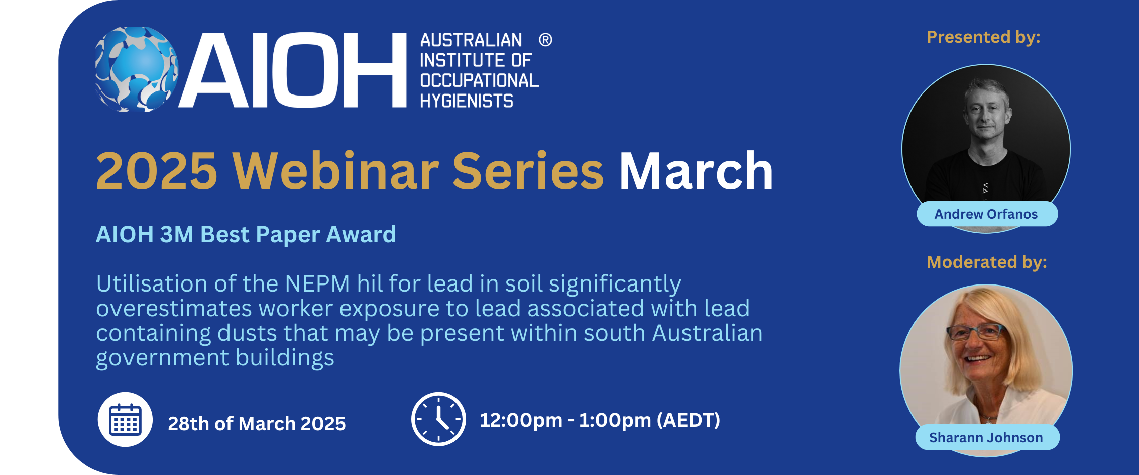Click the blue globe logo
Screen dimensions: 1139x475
click(x=137, y=69)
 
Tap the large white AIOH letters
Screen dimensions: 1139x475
click(x=292, y=70)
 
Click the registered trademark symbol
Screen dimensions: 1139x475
click(x=545, y=40)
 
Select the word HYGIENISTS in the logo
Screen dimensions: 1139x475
click(x=467, y=101)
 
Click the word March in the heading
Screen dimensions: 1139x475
click(x=696, y=171)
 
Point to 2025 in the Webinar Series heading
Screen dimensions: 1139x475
click(x=157, y=171)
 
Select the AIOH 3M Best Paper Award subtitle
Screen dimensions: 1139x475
click(x=246, y=234)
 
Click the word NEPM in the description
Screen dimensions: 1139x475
click(x=317, y=283)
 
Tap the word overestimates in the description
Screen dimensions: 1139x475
click(x=174, y=308)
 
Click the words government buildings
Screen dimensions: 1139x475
click(x=215, y=358)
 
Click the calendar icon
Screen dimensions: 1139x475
click(x=125, y=419)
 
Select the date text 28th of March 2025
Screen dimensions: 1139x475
click(x=257, y=424)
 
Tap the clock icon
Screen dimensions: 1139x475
click(x=438, y=419)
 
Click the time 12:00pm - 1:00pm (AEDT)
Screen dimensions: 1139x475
click(x=600, y=420)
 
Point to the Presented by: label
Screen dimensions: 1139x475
click(x=983, y=37)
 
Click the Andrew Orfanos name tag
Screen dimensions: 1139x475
click(x=987, y=214)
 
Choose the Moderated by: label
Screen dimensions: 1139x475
click(x=987, y=262)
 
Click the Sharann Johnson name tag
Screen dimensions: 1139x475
click(x=987, y=438)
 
